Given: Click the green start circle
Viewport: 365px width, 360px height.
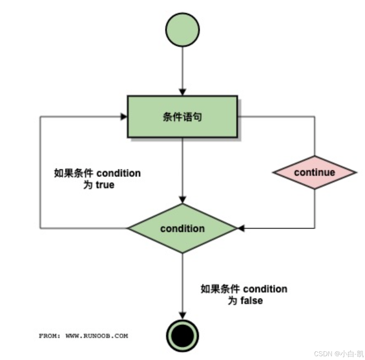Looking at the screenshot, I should [x=182, y=30].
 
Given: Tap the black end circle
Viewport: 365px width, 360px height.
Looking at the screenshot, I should [x=182, y=336].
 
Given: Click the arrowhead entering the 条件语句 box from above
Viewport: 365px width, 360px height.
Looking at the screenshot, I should [x=182, y=92].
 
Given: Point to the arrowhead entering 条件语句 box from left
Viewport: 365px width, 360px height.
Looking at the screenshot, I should [x=124, y=117].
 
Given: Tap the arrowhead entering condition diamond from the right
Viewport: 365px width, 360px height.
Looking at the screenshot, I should [x=241, y=228].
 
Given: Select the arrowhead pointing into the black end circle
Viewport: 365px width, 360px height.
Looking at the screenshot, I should [x=182, y=315].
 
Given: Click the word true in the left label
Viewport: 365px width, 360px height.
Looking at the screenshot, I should [x=105, y=185].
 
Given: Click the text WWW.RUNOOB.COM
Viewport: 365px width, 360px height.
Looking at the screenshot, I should [x=97, y=336].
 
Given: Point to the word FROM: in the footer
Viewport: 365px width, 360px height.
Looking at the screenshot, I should [x=50, y=336].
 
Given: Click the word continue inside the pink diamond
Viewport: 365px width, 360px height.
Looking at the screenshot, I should [x=315, y=172].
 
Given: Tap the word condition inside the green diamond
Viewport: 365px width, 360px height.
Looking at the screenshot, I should [x=182, y=228].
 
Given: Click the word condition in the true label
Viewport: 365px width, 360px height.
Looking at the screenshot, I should [x=118, y=173].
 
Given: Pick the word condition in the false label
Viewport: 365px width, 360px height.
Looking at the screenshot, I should [x=265, y=289].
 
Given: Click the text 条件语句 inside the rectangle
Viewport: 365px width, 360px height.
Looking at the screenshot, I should [x=182, y=117].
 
